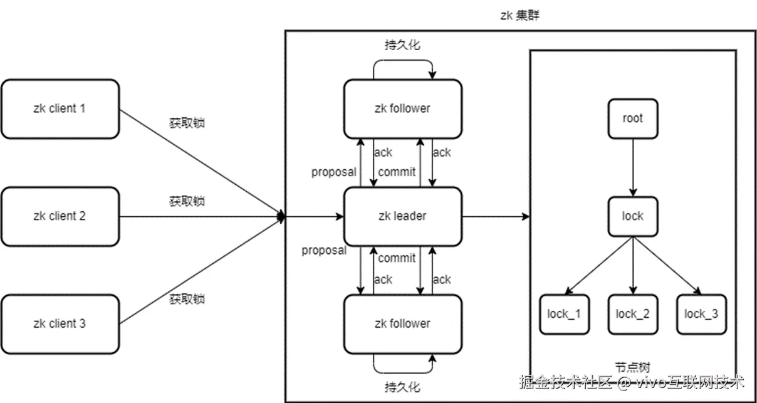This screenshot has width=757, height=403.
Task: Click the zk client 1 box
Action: point(60,108)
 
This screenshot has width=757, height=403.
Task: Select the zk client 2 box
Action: point(60,216)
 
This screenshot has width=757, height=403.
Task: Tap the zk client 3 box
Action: point(60,323)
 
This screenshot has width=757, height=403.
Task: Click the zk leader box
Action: point(402,216)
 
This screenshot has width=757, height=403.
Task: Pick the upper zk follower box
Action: point(402,108)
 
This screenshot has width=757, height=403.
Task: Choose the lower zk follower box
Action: point(402,323)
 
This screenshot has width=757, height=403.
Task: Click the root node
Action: point(633,118)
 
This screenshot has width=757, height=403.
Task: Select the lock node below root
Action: point(633,216)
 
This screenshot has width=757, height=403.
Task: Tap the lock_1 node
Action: point(565,314)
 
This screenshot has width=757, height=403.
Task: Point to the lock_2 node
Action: point(633,314)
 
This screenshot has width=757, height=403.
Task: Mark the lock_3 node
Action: point(701,314)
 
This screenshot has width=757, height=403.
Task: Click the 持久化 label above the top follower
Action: point(402,44)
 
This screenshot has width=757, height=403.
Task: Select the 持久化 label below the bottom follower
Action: point(402,385)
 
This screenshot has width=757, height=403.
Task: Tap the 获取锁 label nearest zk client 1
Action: point(187,123)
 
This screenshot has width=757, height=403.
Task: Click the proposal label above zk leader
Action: point(333,172)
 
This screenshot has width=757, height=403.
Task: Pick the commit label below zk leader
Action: point(397,258)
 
